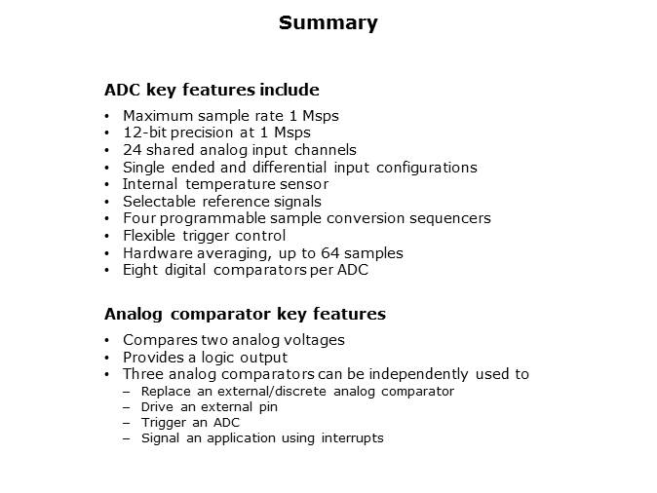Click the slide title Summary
pyautogui.click(x=328, y=23)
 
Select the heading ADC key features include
pyautogui.click(x=212, y=91)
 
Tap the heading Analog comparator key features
pyautogui.click(x=245, y=314)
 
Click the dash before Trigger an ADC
pyautogui.click(x=128, y=422)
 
